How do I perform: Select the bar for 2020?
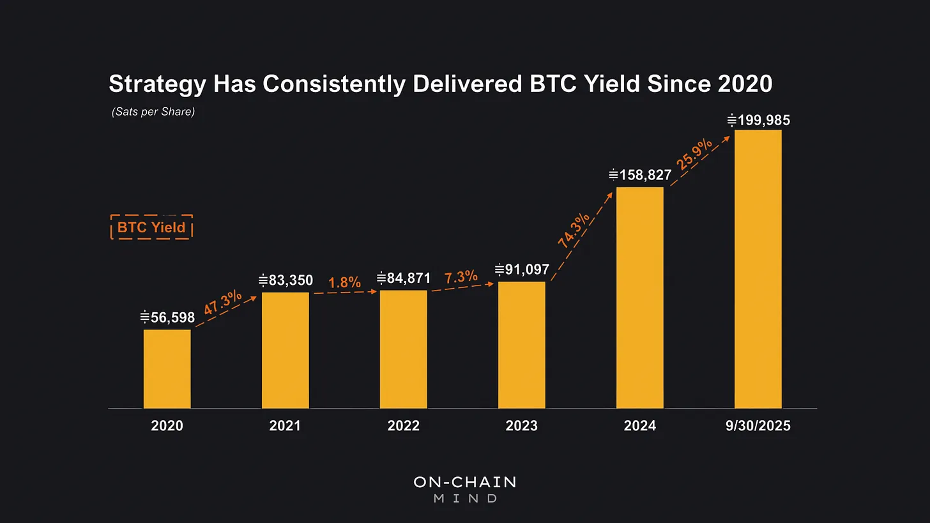click(x=167, y=368)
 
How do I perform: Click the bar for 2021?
click(x=285, y=350)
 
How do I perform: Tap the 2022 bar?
click(x=403, y=349)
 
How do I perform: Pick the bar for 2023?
click(x=521, y=344)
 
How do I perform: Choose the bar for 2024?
click(x=639, y=297)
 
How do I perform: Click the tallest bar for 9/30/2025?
click(x=758, y=269)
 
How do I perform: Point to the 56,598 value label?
click(x=167, y=317)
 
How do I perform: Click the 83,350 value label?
click(x=286, y=280)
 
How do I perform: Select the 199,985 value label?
click(x=758, y=120)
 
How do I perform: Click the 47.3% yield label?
click(x=223, y=303)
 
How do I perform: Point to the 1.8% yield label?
click(x=344, y=282)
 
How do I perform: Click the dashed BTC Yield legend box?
click(x=151, y=227)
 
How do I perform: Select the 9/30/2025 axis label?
click(x=758, y=426)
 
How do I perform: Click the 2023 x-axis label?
click(x=521, y=426)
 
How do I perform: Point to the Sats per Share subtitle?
click(x=153, y=112)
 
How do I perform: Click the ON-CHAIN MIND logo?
click(x=464, y=489)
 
